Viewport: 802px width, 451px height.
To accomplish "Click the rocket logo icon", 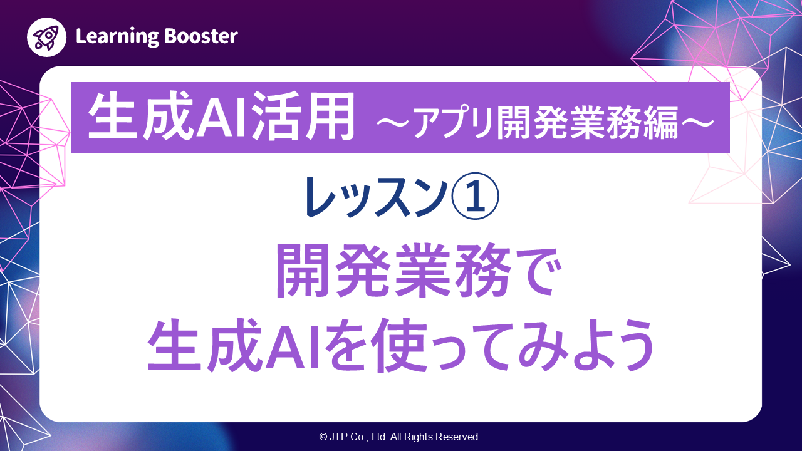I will pyautogui.click(x=47, y=37).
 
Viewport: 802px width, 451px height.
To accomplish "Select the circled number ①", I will pyautogui.click(x=474, y=196).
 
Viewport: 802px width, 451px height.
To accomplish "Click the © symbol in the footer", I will pyautogui.click(x=323, y=437).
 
